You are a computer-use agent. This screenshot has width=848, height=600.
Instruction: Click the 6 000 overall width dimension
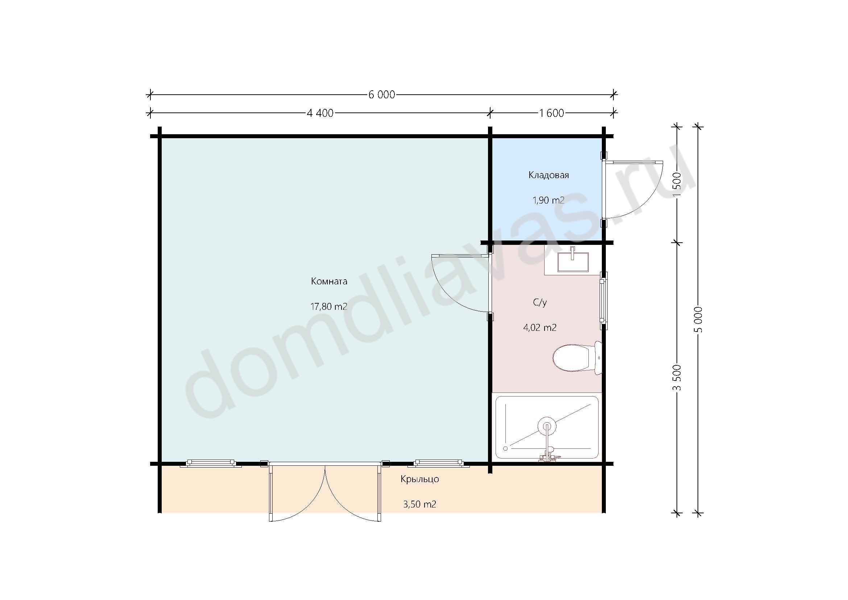pos(381,95)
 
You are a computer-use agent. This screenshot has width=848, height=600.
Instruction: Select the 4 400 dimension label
pos(320,113)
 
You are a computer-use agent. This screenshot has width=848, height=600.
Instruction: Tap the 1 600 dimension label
pos(552,113)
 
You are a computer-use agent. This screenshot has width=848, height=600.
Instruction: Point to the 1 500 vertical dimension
pos(677,185)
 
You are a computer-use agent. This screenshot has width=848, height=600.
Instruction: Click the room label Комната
pos(329,281)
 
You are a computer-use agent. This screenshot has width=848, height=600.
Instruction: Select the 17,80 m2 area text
pos(329,306)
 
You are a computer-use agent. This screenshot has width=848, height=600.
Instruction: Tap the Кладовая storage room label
pos(549,175)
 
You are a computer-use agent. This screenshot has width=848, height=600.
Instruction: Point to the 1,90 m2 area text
pos(548,200)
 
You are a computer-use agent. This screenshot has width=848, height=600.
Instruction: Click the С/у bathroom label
pos(539,303)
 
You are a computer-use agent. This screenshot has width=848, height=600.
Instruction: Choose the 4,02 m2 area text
pos(539,327)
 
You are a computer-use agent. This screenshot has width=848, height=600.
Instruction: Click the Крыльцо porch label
pos(420,479)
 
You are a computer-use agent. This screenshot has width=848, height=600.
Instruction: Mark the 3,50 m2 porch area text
pos(419,504)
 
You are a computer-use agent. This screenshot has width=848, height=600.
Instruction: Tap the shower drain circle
pos(546,426)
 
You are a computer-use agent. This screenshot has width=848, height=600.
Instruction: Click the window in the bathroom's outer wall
pos(604,301)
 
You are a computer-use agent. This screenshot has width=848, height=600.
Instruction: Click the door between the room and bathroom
pos(462,284)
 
